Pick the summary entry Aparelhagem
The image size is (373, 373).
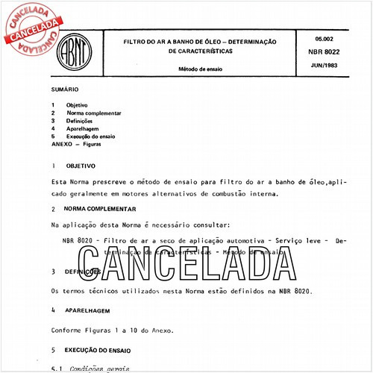click(84, 129)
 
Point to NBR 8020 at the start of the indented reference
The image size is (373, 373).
click(78, 241)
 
